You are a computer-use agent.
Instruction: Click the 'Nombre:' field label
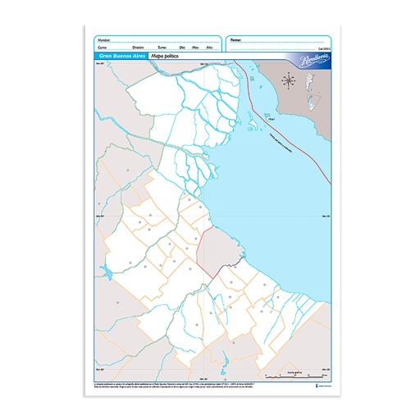(x=103, y=39)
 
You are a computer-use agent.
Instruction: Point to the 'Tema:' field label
(x=235, y=39)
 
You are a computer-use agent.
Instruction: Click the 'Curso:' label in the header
(x=102, y=48)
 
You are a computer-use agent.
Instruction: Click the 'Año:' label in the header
(x=210, y=48)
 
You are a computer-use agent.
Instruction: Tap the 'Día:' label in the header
(x=181, y=48)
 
